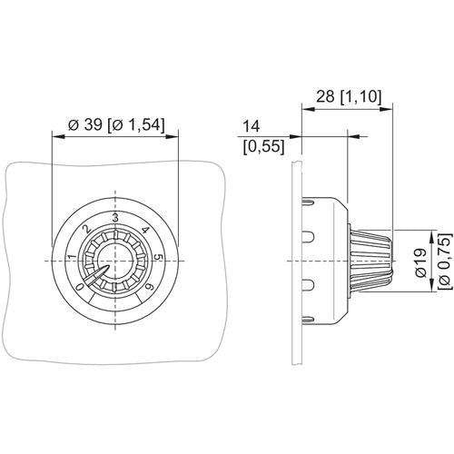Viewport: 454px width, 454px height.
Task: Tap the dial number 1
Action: point(73,258)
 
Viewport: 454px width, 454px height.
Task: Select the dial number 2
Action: point(87,229)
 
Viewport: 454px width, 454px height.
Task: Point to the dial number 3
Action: point(115,218)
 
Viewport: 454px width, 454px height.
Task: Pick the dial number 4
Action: point(145,230)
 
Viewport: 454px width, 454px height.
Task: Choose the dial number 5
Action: point(159,258)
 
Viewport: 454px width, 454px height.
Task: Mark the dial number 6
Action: point(149,287)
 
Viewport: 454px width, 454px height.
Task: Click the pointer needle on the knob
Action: point(96,274)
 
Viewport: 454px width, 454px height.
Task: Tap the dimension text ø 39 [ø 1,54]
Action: point(116,124)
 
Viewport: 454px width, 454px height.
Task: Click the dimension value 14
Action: point(252,126)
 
